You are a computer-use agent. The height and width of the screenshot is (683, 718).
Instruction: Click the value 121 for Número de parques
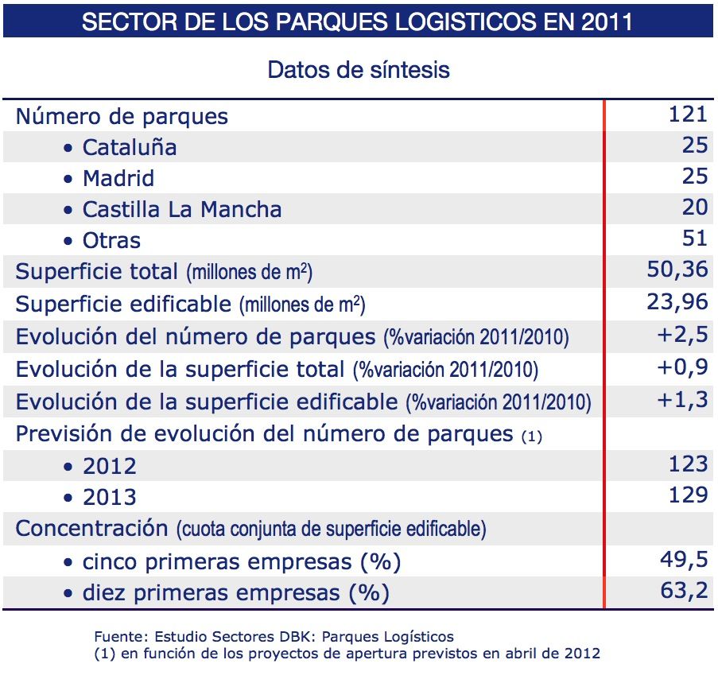pos(688,114)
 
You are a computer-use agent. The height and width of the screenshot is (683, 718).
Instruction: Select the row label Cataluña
pos(130,148)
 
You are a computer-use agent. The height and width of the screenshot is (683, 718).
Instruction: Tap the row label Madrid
pos(118,178)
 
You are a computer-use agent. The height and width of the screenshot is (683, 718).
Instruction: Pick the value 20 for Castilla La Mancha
pos(694,208)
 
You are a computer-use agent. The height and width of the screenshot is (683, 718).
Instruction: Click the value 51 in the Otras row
pos(694,239)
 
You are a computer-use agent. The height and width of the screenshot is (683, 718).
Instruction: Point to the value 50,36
pos(677,270)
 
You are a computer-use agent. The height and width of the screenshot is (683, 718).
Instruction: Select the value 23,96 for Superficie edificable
pos(677,302)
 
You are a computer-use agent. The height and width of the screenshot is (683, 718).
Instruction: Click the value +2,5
pos(682,335)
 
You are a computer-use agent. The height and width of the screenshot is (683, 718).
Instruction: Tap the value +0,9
pos(682,367)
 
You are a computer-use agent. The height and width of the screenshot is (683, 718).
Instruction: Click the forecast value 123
pos(688,464)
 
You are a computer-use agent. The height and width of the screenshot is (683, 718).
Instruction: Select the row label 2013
pos(110,498)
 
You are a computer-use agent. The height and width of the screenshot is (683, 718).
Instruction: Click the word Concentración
pos(91,528)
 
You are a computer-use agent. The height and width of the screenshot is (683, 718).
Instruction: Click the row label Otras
pos(111,240)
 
